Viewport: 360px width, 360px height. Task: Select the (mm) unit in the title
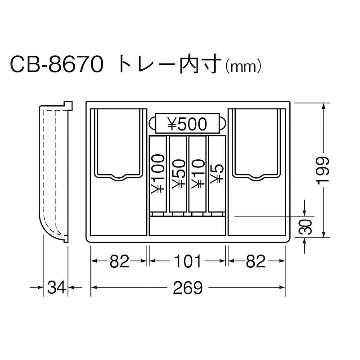pyautogui.click(x=243, y=67)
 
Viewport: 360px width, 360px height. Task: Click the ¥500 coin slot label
pyautogui.click(x=187, y=124)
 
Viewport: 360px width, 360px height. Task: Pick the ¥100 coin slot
pyautogui.click(x=158, y=173)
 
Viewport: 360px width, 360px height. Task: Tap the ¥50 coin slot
pyautogui.click(x=178, y=173)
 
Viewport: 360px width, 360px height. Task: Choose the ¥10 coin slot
pyautogui.click(x=198, y=173)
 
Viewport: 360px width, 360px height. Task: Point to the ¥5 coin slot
pyautogui.click(x=216, y=173)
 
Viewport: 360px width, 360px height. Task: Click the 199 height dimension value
pyautogui.click(x=323, y=170)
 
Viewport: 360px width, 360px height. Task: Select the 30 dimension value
pyautogui.click(x=306, y=228)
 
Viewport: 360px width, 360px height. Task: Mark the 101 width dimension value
pyautogui.click(x=187, y=261)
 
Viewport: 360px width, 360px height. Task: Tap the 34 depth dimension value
pyautogui.click(x=56, y=287)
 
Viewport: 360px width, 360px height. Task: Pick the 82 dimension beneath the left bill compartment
pyautogui.click(x=119, y=261)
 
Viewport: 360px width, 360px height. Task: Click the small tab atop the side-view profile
pyautogui.click(x=68, y=104)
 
